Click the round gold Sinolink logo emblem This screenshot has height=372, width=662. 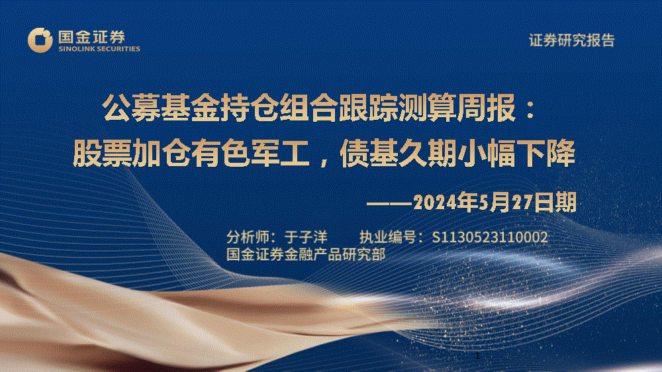click(40, 40)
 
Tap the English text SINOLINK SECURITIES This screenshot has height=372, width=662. click(99, 49)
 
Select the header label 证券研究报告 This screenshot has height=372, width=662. click(572, 40)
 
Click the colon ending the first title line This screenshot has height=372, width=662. click(531, 109)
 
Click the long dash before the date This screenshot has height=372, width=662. click(389, 203)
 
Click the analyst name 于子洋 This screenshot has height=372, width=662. click(306, 238)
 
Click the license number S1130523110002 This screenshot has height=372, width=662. click(490, 238)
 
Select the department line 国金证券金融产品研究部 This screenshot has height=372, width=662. click(306, 255)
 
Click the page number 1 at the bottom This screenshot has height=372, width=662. click(477, 356)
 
